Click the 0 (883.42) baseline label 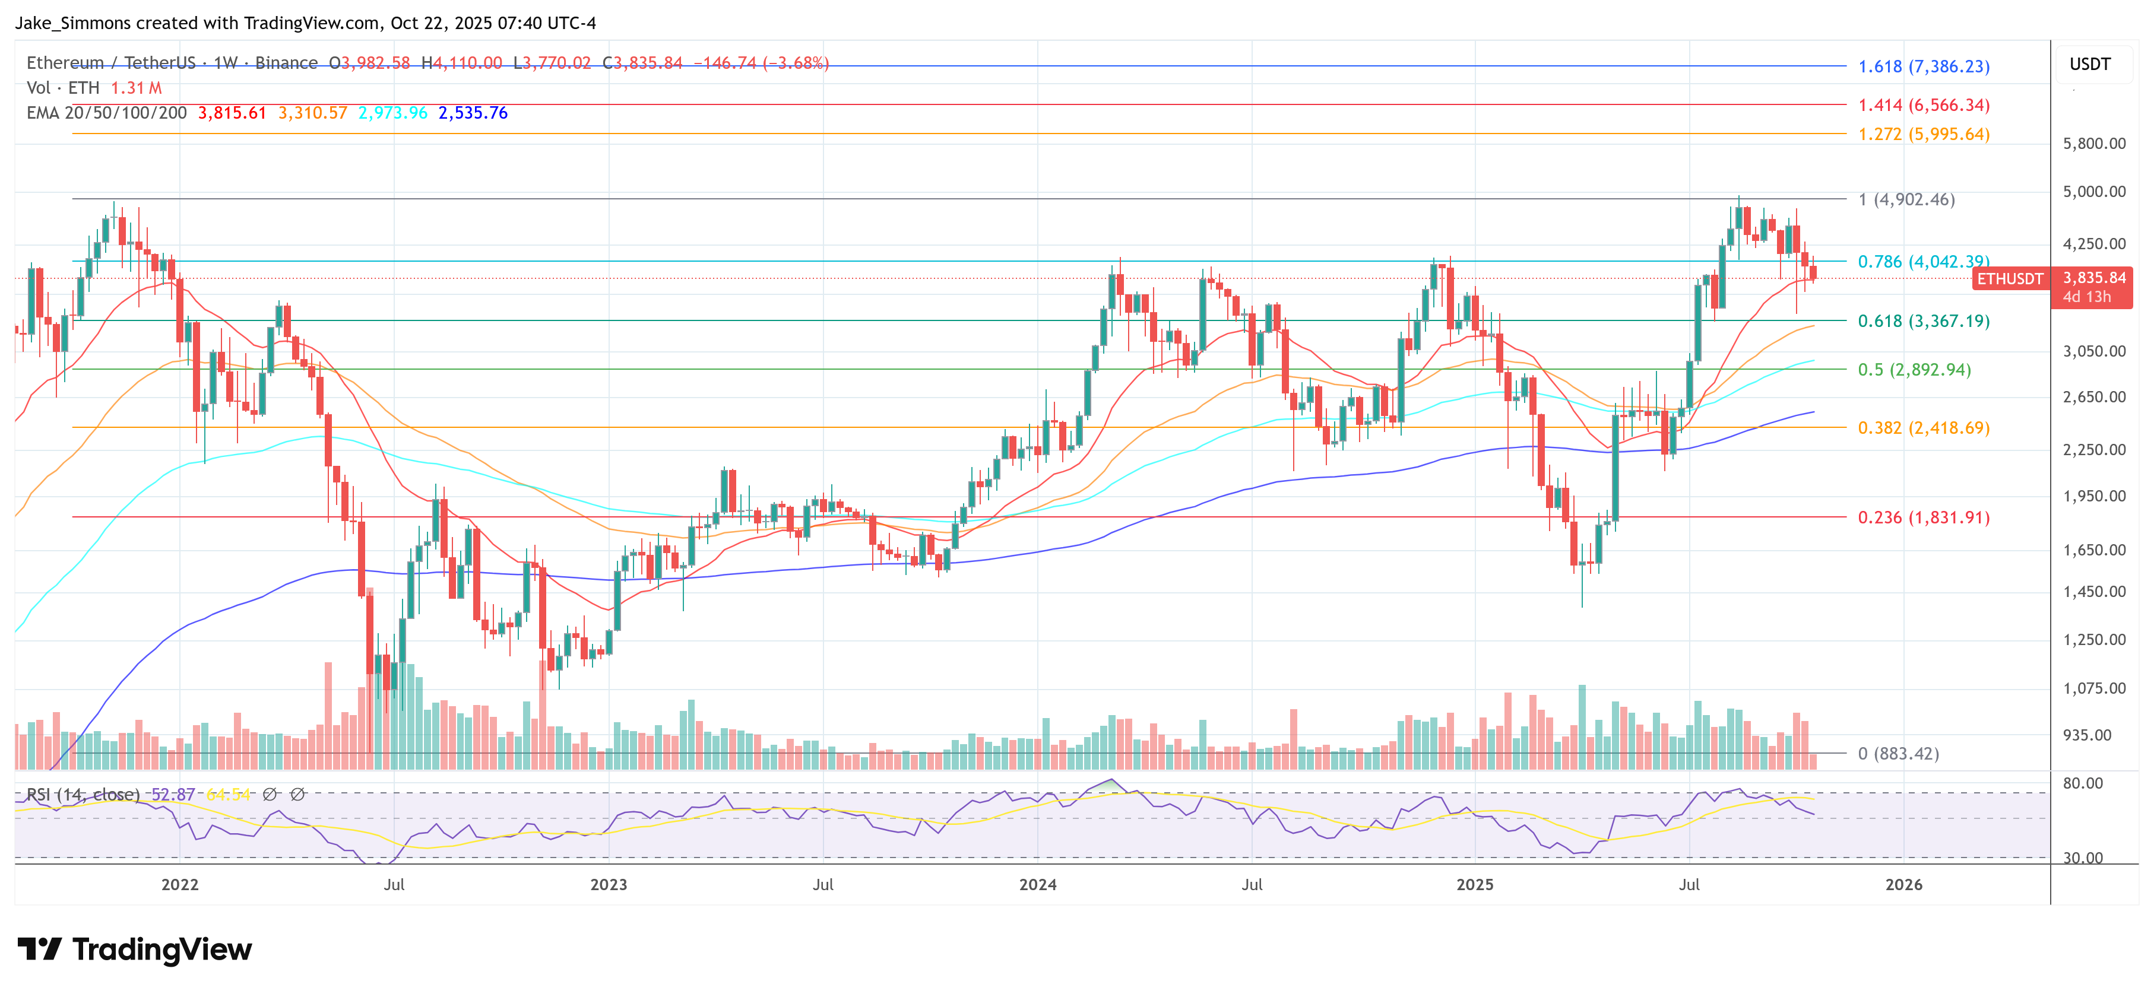pos(1906,753)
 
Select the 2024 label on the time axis pos(1037,884)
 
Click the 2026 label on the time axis pos(1903,884)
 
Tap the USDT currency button pos(2090,64)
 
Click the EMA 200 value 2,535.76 pos(473,113)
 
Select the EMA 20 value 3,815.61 pos(232,113)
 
